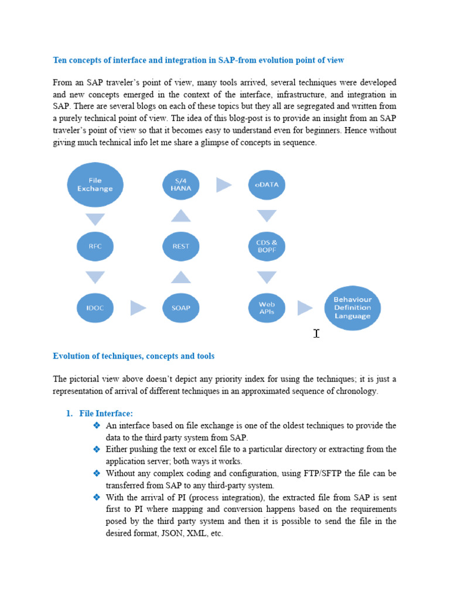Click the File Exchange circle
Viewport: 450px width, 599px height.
tap(95, 185)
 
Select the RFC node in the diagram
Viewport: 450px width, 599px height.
tap(95, 246)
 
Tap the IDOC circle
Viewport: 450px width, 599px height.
tap(95, 308)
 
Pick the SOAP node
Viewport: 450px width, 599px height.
tap(180, 308)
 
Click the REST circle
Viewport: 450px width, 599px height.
tap(180, 246)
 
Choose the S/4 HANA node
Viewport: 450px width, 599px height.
tap(180, 185)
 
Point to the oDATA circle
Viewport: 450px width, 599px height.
tap(267, 185)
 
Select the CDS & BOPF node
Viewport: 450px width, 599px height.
tap(267, 246)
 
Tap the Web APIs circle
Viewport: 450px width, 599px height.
tap(267, 308)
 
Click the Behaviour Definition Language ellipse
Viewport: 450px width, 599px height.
tap(352, 308)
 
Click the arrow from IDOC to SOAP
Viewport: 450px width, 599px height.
tap(138, 308)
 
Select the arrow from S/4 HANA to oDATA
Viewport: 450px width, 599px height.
tap(224, 185)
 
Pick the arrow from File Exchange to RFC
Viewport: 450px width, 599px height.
tap(95, 219)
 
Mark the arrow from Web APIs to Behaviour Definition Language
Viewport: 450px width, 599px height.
tap(305, 308)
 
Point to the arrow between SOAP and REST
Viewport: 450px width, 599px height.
tap(180, 277)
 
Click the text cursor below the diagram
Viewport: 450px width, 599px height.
tap(316, 333)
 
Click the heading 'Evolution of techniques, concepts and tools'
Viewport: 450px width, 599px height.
tap(134, 356)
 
